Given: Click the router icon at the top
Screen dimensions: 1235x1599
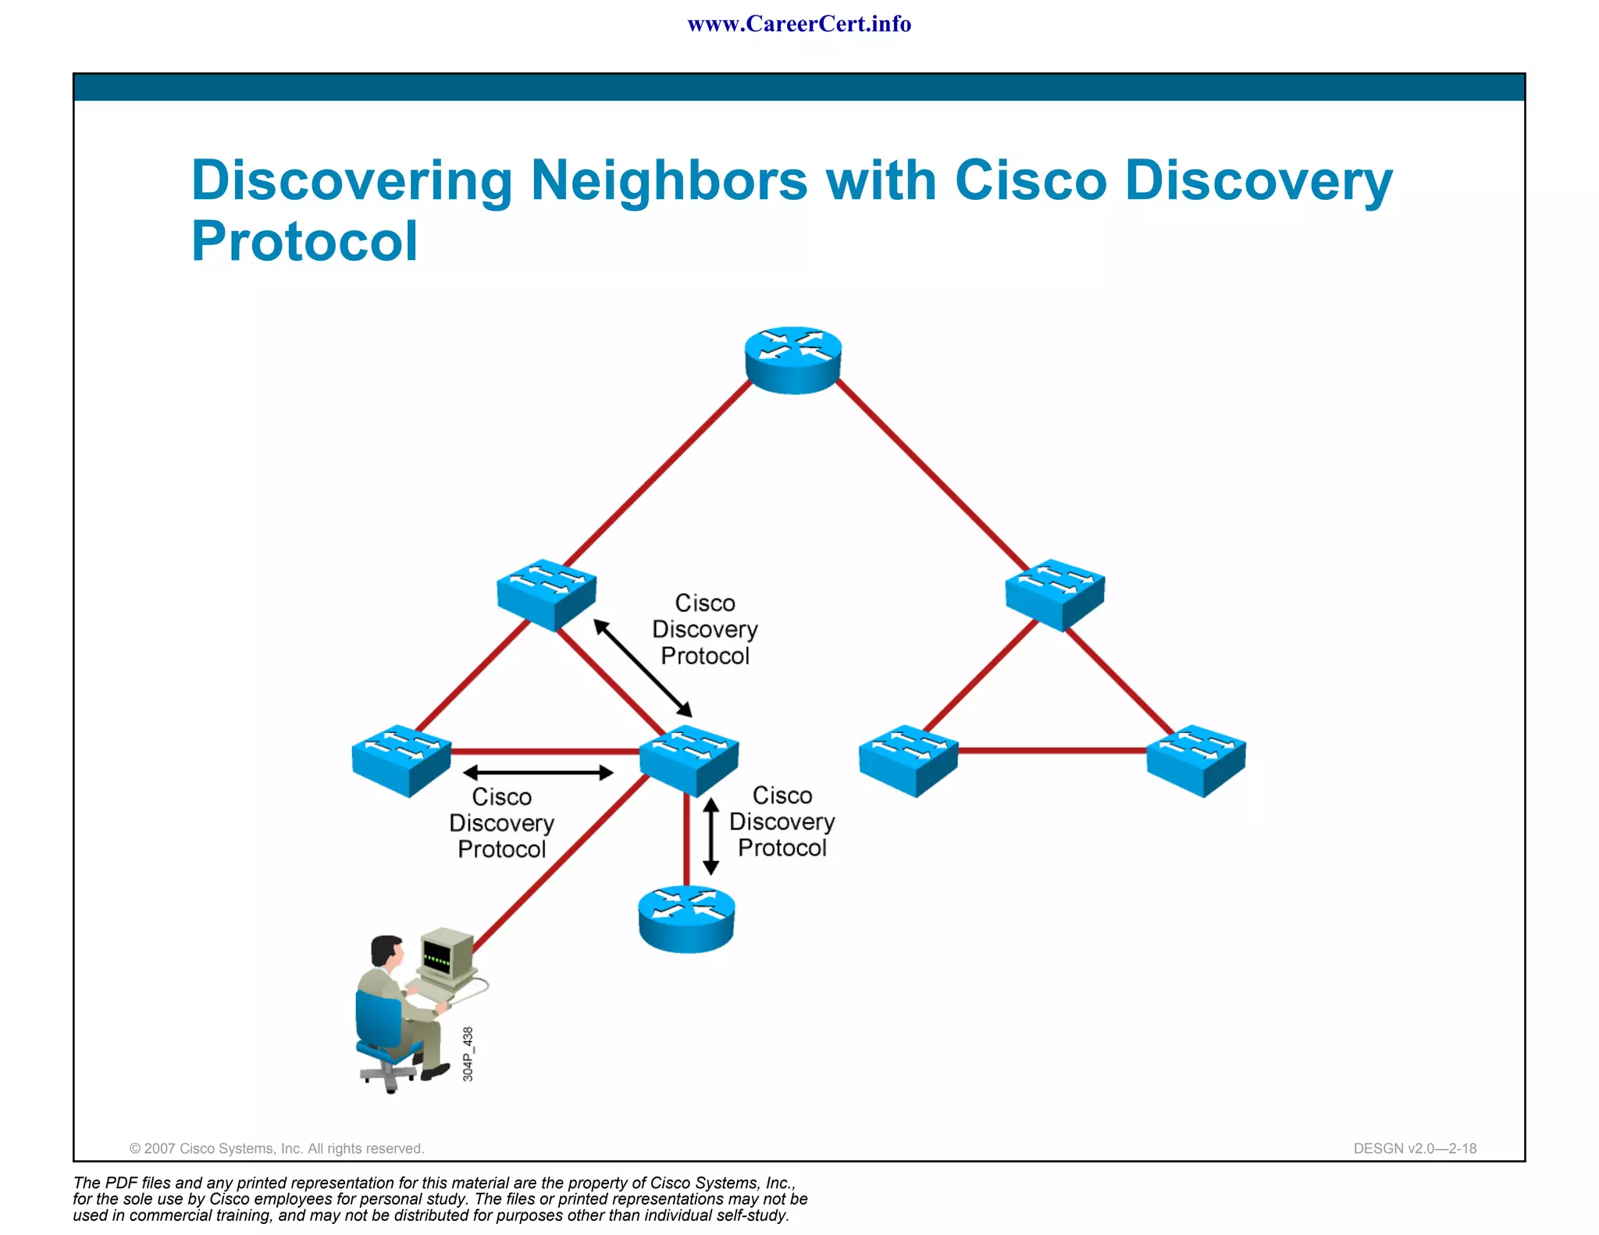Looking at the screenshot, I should (792, 360).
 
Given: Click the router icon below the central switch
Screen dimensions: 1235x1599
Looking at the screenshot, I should (686, 919).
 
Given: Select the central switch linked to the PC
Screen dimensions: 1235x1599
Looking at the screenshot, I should (689, 760).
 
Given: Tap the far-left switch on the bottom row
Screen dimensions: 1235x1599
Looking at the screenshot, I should (401, 760).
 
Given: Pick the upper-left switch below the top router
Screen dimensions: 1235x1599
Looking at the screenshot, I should (547, 594).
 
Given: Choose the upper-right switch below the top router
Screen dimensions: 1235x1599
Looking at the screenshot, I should (1055, 594).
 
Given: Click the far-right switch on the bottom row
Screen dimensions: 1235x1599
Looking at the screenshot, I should (1195, 760).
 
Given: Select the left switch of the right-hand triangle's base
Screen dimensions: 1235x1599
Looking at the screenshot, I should (908, 760).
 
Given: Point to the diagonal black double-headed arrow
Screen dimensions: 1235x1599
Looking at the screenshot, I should (643, 667).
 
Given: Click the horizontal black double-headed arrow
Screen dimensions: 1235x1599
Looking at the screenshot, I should (538, 773).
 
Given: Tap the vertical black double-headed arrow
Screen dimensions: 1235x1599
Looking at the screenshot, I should (710, 836).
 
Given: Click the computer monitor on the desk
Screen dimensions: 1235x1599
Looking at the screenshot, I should (445, 954).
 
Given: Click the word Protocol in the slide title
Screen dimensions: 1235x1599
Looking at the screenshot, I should (304, 241).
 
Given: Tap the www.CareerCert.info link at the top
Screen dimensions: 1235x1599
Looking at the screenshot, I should (799, 24).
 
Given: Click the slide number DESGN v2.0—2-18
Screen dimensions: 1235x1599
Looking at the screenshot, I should (1414, 1148).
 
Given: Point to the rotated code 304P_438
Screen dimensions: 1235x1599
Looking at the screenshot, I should (468, 1054).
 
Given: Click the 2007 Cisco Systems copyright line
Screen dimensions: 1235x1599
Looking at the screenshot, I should (276, 1148).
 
